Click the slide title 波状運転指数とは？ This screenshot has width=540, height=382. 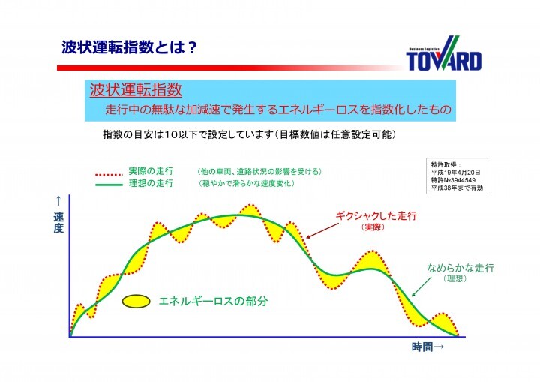coord(129,48)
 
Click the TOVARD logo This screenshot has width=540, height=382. coord(444,53)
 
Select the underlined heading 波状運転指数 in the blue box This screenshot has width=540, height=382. coord(135,91)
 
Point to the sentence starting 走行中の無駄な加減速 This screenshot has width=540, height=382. coord(278,110)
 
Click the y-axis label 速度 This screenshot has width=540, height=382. coord(58,222)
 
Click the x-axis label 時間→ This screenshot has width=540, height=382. coord(427,347)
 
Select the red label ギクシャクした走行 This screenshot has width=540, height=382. coord(375,215)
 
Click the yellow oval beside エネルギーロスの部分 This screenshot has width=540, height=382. coord(136,301)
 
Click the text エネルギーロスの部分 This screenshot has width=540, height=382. coord(213,301)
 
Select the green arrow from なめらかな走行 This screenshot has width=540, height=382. coord(422,281)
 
